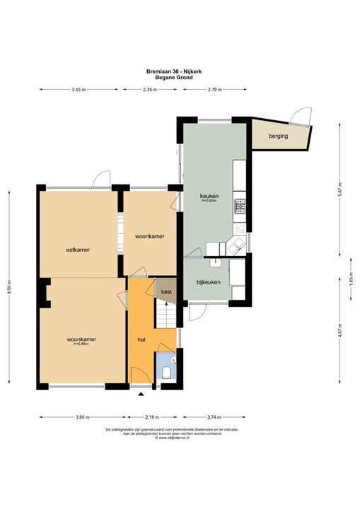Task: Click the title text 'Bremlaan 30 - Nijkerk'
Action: click(180, 71)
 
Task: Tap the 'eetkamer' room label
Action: click(77, 250)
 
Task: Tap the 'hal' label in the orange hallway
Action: click(141, 340)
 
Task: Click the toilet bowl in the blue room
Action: click(166, 373)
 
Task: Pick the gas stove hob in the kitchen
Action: click(240, 206)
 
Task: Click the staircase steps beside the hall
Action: click(166, 313)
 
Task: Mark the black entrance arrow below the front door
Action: click(141, 394)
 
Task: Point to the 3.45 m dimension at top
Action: click(79, 90)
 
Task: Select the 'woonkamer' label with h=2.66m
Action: click(81, 339)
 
